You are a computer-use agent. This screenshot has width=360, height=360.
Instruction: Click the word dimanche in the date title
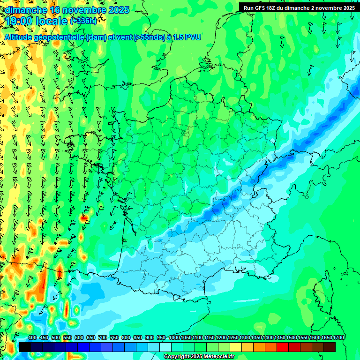tap(26, 10)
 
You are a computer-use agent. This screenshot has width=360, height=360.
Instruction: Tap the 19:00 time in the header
tap(21, 21)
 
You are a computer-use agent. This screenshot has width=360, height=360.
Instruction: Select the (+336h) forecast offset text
tap(84, 21)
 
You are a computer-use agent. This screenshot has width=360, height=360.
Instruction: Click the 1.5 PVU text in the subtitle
tap(187, 37)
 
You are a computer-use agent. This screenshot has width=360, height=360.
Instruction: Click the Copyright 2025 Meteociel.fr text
tap(199, 357)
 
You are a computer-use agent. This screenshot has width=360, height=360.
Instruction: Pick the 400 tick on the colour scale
tap(32, 338)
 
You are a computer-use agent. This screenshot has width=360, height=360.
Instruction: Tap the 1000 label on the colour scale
tap(174, 338)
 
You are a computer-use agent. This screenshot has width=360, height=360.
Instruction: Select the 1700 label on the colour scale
tap(338, 338)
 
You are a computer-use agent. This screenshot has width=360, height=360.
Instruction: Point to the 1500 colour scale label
tap(292, 338)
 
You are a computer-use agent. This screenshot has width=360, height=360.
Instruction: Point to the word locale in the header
tap(52, 21)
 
